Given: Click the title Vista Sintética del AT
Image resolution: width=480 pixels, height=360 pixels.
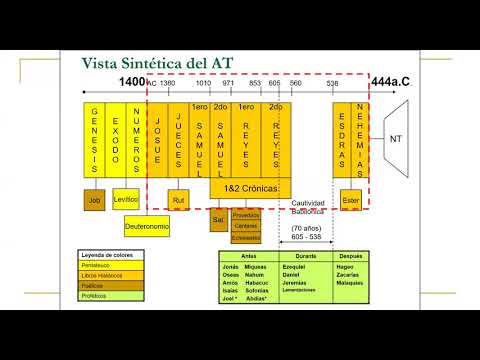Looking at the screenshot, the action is (158, 63).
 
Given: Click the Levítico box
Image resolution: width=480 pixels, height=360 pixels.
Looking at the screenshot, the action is (126, 200).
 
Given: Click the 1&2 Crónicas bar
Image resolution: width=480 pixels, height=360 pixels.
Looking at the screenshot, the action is (250, 187).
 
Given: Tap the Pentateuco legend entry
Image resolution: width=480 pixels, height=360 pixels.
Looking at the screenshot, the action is (110, 265).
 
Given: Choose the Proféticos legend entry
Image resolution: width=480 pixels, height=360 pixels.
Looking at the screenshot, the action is (110, 296).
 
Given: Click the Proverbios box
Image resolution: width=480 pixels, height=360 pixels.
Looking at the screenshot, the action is (245, 215).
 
